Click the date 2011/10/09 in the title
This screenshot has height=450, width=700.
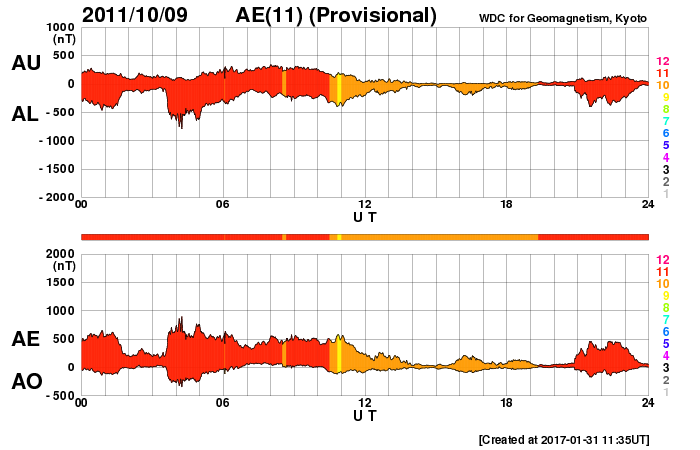(130, 15)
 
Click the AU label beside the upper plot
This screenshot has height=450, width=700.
(25, 63)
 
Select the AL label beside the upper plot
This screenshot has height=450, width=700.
(25, 114)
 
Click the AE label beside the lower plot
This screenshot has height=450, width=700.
(25, 340)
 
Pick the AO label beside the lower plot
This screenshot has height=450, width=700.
(25, 382)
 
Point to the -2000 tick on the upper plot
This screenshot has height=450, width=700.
(54, 198)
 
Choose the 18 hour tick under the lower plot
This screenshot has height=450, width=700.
(506, 402)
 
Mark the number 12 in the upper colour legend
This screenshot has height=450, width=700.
(662, 62)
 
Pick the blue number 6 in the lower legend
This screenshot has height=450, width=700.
(665, 331)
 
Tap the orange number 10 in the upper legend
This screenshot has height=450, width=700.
(662, 86)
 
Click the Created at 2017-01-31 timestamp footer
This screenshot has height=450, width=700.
(564, 439)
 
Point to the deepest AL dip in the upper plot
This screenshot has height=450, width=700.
(181, 126)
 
